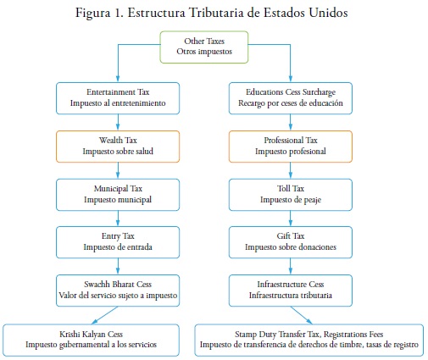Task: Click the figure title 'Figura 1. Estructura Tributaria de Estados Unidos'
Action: click(x=211, y=13)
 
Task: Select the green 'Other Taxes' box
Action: click(x=204, y=47)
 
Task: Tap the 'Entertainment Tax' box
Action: click(x=118, y=98)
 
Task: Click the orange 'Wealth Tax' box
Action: click(x=118, y=147)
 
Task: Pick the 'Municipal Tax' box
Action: click(x=118, y=195)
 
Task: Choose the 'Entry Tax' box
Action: click(x=118, y=242)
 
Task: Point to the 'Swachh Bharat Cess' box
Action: click(x=118, y=291)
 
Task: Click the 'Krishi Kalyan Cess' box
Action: click(x=91, y=340)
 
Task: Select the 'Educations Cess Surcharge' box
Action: click(x=291, y=98)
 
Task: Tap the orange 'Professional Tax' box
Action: click(x=291, y=147)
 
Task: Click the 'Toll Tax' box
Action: click(x=291, y=195)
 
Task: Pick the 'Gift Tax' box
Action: click(x=291, y=242)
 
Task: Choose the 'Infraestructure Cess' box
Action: click(x=291, y=291)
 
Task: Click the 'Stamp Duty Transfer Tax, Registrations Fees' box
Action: click(x=309, y=340)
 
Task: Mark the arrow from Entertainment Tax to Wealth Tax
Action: click(x=118, y=122)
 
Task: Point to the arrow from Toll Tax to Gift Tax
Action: click(x=291, y=219)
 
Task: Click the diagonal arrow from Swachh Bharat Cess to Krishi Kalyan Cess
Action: click(x=104, y=315)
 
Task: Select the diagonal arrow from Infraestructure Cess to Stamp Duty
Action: click(x=302, y=315)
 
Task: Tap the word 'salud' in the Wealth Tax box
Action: click(x=144, y=152)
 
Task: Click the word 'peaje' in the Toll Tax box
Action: click(x=313, y=200)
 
